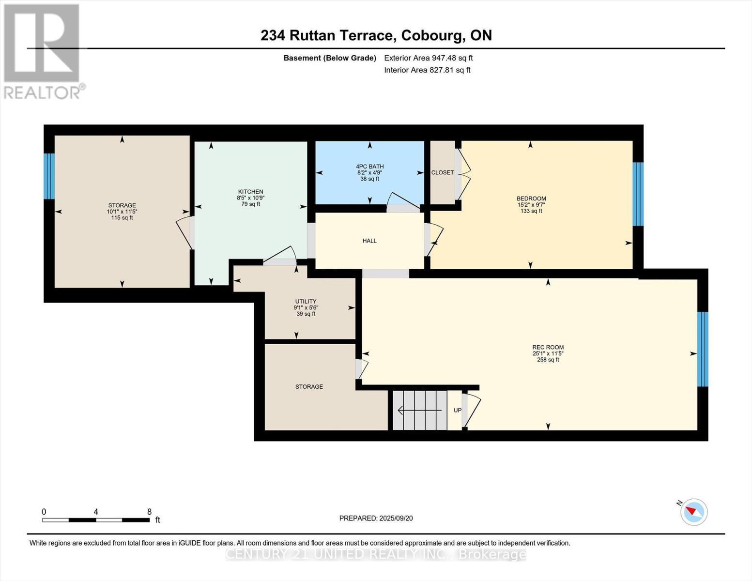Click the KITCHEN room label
tap(250, 192)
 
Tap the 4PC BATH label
tap(369, 167)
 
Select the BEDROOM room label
tap(531, 199)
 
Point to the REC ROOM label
tap(548, 347)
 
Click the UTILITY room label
tap(306, 301)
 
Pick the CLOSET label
tap(443, 172)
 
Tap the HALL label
tap(369, 241)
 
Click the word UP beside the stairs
tap(457, 410)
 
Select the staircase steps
tap(419, 410)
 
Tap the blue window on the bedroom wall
tap(638, 194)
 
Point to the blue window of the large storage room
tap(49, 176)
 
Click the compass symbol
tap(694, 512)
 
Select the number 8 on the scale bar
tap(149, 512)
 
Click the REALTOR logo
tap(43, 51)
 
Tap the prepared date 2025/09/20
tap(396, 518)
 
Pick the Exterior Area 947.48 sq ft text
tap(428, 58)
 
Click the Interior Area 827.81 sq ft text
tap(427, 70)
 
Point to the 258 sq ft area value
tap(548, 360)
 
